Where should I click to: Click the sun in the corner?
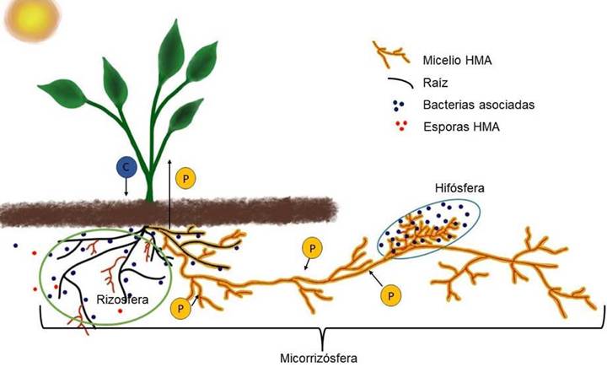click(33, 18)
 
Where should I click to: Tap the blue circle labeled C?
click(126, 167)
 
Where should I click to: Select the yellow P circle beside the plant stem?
click(185, 179)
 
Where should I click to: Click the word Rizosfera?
click(122, 300)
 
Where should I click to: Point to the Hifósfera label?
click(459, 188)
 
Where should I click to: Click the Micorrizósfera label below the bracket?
click(319, 358)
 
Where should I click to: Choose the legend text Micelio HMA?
click(457, 61)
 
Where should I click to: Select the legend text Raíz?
click(435, 83)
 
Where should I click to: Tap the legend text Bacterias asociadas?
click(479, 105)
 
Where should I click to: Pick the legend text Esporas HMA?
click(461, 127)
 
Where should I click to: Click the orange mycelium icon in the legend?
click(390, 53)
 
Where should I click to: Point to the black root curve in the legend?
click(400, 82)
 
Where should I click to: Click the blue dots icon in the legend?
click(398, 105)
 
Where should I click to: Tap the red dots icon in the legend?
click(401, 126)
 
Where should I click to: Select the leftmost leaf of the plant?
click(62, 92)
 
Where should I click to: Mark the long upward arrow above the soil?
click(169, 193)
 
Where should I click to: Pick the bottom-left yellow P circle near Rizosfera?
click(180, 309)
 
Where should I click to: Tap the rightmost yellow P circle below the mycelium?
click(391, 296)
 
